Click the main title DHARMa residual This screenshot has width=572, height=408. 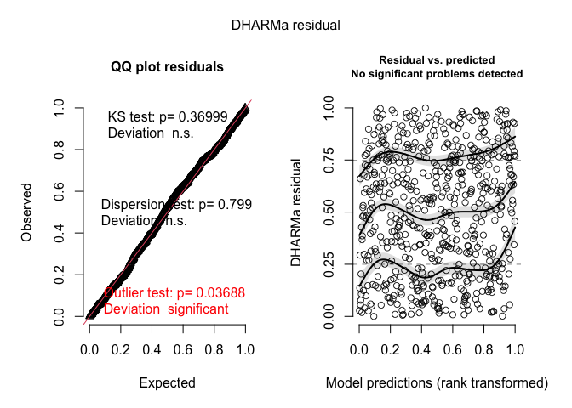coord(286,25)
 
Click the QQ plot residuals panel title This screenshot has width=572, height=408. coord(167,67)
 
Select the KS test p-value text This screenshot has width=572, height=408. coord(168,116)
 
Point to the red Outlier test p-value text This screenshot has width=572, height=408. coord(174,292)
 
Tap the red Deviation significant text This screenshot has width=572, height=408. coord(166,309)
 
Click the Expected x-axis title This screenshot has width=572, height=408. coord(167,382)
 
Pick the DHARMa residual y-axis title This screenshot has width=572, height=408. coord(296,211)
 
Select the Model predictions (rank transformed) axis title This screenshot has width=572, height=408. coord(437,383)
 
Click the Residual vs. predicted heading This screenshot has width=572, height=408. coord(437,61)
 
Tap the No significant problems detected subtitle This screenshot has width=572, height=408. coord(437,74)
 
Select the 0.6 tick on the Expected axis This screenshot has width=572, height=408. coord(183,349)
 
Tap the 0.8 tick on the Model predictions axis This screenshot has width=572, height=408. coord(483,349)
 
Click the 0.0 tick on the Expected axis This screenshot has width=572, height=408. coord(89,349)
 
